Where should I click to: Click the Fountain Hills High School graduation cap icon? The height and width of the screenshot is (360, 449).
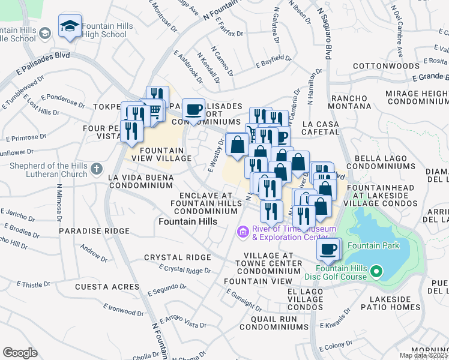[70, 26]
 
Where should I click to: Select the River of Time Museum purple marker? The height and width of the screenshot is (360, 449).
[243, 232]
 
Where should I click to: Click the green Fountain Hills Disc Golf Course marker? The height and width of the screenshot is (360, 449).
[376, 272]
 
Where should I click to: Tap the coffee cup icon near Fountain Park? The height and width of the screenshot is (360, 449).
[328, 250]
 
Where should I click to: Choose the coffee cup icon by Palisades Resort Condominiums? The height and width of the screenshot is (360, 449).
[193, 109]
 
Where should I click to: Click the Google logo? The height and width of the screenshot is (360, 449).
[20, 352]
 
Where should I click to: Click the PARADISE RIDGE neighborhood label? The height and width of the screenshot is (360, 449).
[94, 231]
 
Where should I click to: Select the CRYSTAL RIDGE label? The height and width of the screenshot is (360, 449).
[177, 257]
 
